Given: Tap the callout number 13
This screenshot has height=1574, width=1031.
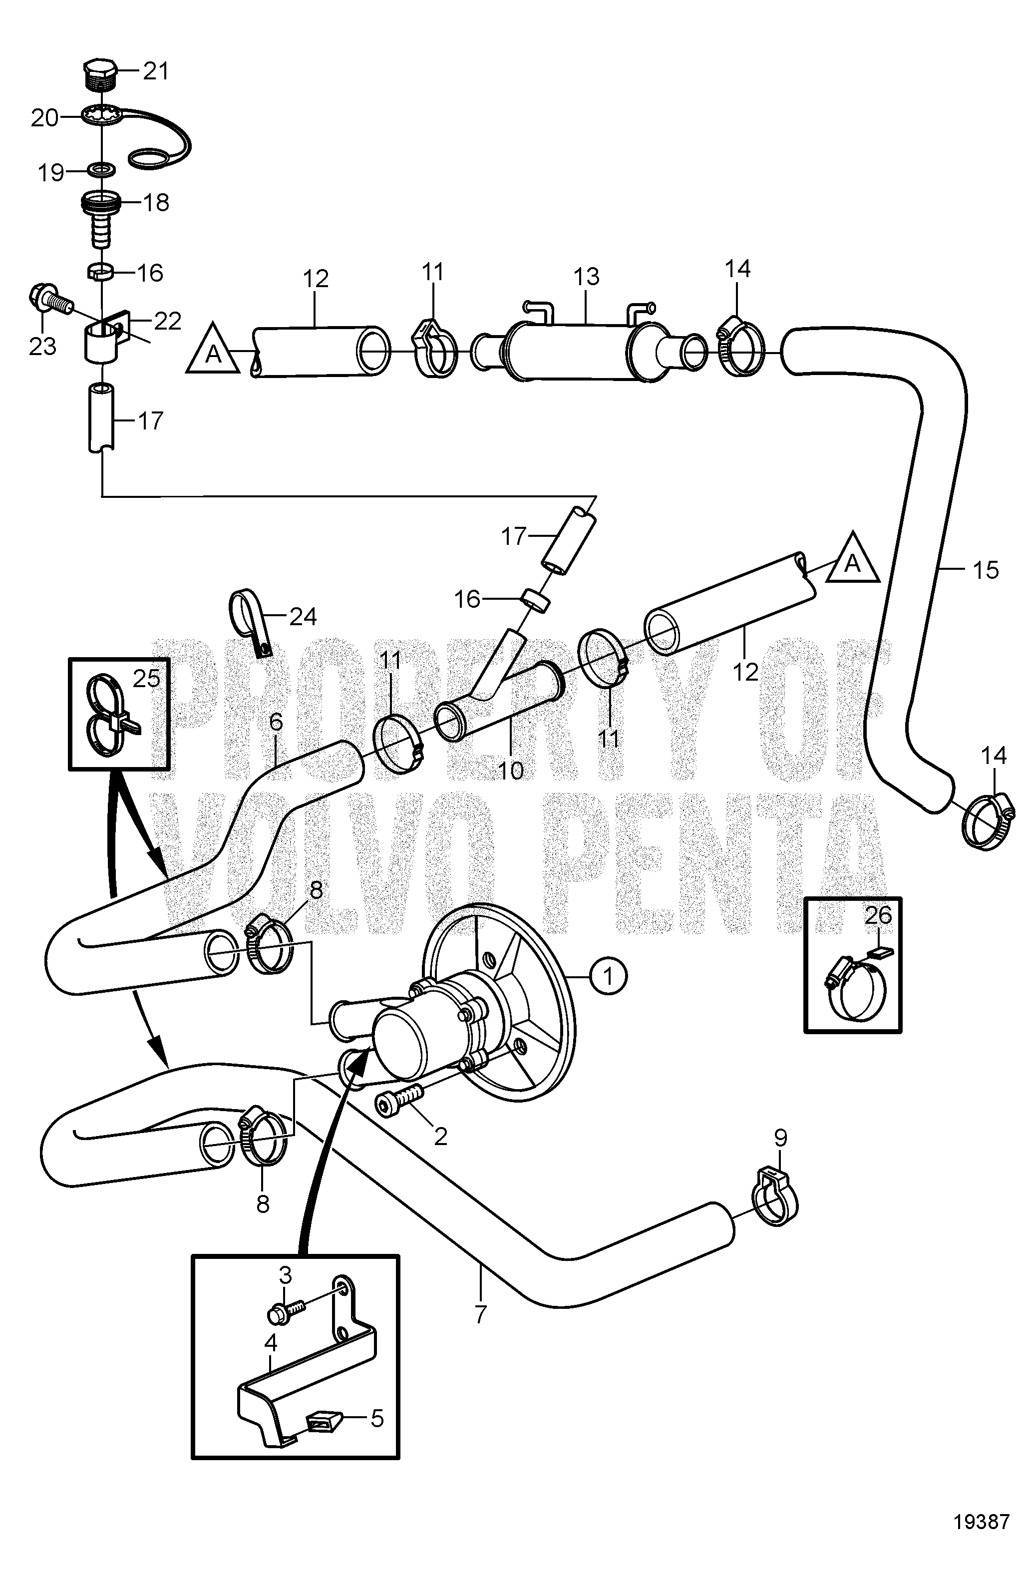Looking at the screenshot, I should coord(586,277).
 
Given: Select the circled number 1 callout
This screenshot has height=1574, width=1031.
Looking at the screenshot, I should coord(609,976).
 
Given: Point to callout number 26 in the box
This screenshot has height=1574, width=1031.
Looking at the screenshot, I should coord(879,916).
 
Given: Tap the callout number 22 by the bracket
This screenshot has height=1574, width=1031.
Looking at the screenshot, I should coord(167,322).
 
